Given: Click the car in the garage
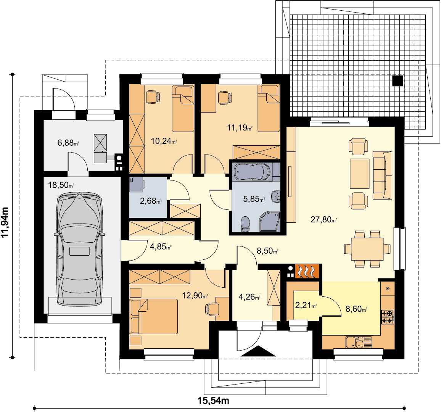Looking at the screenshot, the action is click(x=80, y=249).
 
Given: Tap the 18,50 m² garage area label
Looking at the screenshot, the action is click(x=61, y=185).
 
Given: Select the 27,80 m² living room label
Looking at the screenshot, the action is click(x=324, y=219).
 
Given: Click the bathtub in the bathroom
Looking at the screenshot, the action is click(x=253, y=172).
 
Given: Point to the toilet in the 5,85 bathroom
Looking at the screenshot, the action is click(x=246, y=224).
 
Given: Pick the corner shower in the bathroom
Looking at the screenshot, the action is click(x=269, y=222).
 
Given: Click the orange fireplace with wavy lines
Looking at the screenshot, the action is click(x=307, y=271).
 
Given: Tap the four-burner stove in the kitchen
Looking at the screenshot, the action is click(x=387, y=317).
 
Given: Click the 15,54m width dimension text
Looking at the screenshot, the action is click(x=213, y=401).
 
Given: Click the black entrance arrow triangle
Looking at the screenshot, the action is click(x=258, y=351).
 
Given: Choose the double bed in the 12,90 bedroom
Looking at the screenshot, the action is click(x=154, y=316).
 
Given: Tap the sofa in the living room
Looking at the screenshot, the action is click(x=383, y=175).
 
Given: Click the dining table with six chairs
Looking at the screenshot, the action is click(x=367, y=249).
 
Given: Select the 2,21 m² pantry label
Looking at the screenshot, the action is click(x=306, y=305).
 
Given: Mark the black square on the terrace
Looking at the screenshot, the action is click(x=398, y=81).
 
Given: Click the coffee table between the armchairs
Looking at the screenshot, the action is click(x=359, y=174).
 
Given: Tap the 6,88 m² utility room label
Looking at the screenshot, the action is click(x=68, y=143).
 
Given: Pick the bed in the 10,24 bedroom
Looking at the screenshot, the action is click(x=183, y=109).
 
